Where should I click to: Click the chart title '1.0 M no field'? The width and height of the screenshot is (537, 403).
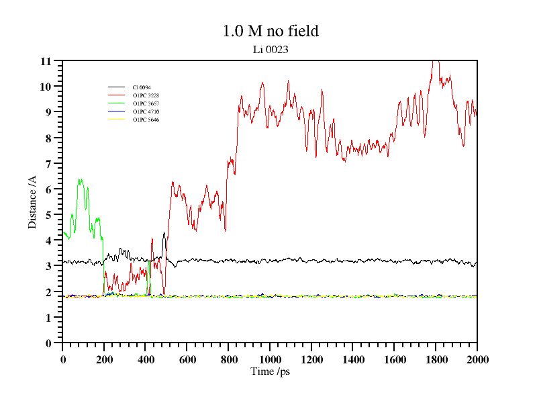pyautogui.click(x=270, y=31)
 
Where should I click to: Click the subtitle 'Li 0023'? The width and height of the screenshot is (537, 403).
pyautogui.click(x=270, y=49)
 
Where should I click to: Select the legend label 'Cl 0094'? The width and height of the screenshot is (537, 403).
pyautogui.click(x=142, y=87)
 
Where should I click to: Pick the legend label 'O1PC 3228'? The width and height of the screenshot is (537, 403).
pyautogui.click(x=146, y=95)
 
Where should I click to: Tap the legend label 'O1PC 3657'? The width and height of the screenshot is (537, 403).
pyautogui.click(x=146, y=103)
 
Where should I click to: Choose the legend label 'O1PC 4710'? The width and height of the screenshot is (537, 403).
pyautogui.click(x=146, y=111)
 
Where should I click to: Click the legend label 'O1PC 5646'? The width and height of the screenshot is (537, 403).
pyautogui.click(x=146, y=120)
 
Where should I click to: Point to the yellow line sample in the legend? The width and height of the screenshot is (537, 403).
pyautogui.click(x=117, y=120)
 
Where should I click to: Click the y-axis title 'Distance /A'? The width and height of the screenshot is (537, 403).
pyautogui.click(x=32, y=201)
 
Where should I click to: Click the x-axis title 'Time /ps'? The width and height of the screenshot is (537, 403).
pyautogui.click(x=270, y=371)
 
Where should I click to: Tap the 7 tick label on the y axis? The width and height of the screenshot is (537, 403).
pyautogui.click(x=48, y=164)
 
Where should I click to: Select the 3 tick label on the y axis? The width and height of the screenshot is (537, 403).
pyautogui.click(x=48, y=266)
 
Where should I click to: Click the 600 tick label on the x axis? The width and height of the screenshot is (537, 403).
pyautogui.click(x=187, y=360)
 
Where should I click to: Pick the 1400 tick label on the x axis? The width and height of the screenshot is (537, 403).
pyautogui.click(x=352, y=360)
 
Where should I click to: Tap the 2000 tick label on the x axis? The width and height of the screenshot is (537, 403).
pyautogui.click(x=477, y=360)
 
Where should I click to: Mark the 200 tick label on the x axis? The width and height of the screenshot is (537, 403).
pyautogui.click(x=104, y=360)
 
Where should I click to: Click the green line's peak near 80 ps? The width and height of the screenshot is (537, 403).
pyautogui.click(x=79, y=180)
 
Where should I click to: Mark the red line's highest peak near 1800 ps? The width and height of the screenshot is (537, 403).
pyautogui.click(x=435, y=61)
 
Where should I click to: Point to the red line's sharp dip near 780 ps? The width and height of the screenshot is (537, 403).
pyautogui.click(x=225, y=230)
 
